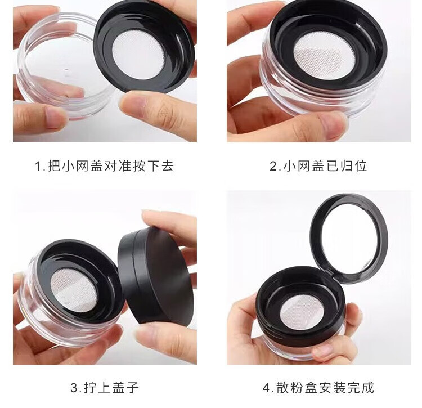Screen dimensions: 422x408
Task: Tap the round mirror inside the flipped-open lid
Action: tap(349, 237)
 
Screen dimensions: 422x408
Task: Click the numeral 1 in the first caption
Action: tap(38, 166)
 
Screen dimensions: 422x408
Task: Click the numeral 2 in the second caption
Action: tap(273, 166)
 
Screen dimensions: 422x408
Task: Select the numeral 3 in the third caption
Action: tap(74, 388)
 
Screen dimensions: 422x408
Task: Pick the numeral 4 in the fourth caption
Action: tap(267, 388)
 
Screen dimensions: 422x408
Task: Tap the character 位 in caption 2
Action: tap(360, 165)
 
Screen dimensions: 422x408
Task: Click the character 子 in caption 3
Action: tap(132, 388)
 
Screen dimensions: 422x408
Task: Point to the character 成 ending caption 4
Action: tap(367, 388)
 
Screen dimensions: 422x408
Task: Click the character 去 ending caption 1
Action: tap(168, 165)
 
